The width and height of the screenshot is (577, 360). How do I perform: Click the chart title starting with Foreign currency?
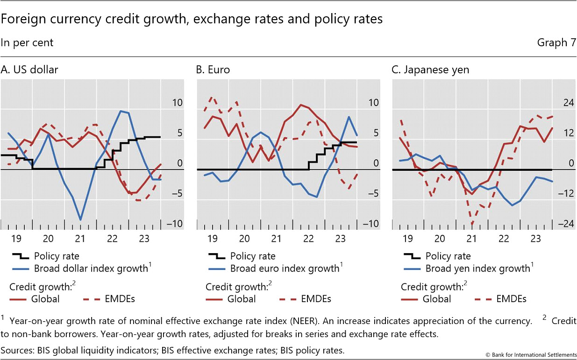coord(192,19)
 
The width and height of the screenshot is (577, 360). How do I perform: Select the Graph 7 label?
coord(556,42)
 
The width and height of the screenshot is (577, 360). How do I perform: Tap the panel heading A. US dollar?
coord(29,70)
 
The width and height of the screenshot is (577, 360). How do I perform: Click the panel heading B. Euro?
coord(213,70)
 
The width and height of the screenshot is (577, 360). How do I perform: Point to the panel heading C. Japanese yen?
coord(430,70)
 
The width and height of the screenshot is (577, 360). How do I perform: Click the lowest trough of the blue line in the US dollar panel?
coord(81,219)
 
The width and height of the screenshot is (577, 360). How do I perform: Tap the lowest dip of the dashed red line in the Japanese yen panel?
coord(472,225)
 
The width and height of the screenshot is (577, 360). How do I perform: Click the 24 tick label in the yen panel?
coord(568,103)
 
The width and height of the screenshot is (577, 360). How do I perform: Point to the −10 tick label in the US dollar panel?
coord(176,224)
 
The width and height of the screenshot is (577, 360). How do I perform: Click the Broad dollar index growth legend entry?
coord(91,268)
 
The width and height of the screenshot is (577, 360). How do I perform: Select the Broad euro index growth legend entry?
coord(285,268)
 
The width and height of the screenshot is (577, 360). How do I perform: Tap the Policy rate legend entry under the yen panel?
coord(448,256)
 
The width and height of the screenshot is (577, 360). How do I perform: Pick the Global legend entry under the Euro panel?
coord(242,299)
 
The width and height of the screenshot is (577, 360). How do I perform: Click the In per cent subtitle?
coord(27,42)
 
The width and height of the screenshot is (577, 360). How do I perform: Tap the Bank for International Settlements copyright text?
coord(531,355)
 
